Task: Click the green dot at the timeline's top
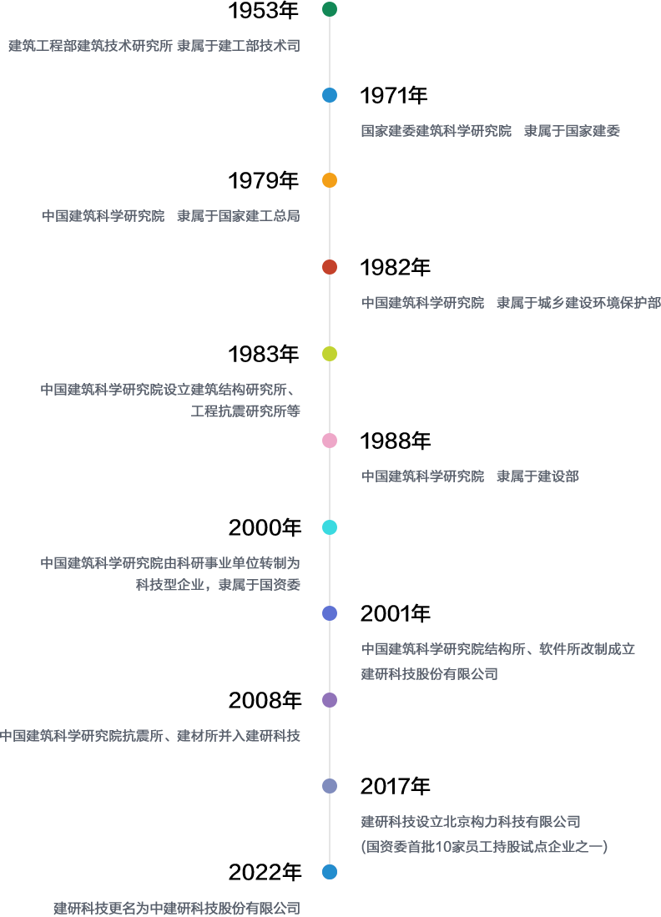(330, 9)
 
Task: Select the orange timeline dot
(330, 180)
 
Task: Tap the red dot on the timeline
(330, 267)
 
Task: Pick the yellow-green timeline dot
(330, 354)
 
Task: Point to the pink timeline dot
(330, 441)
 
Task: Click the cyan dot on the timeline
(330, 527)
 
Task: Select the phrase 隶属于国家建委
(572, 131)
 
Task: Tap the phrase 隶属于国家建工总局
(238, 216)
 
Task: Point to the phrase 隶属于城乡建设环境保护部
(578, 303)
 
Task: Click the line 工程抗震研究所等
(245, 411)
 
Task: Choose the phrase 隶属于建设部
(537, 476)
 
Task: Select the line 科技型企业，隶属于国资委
(218, 585)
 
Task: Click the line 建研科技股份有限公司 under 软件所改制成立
(429, 674)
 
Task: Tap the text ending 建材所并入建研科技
(150, 736)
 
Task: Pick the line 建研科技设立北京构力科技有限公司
(470, 822)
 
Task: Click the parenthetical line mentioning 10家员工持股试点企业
(484, 847)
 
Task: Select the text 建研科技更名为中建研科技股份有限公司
(176, 908)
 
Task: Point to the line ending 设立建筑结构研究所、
(170, 390)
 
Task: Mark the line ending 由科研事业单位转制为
(170, 563)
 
